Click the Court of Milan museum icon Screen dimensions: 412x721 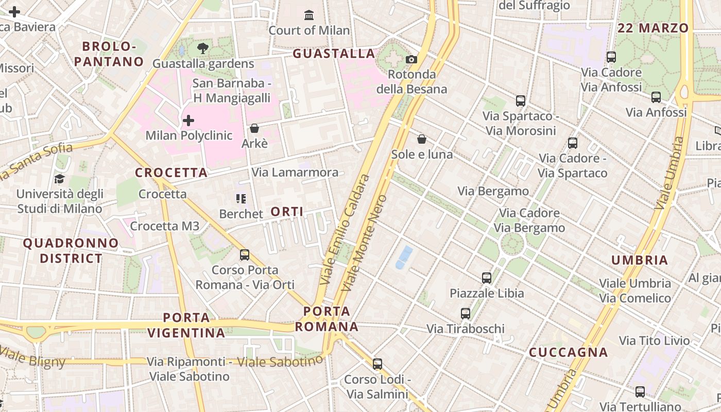[309, 15]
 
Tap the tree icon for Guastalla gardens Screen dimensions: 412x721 [203, 48]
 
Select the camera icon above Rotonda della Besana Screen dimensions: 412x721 [411, 59]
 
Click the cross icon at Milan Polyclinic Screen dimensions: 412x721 [188, 121]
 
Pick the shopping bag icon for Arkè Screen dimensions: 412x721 [254, 128]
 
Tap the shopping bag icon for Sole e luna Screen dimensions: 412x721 [422, 139]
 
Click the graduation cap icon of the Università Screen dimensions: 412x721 [60, 179]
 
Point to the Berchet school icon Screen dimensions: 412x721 [241, 198]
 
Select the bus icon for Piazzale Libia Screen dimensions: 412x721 [487, 278]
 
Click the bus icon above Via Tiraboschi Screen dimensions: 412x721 [466, 313]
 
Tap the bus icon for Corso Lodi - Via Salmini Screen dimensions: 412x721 [377, 364]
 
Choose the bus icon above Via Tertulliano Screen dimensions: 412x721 [640, 392]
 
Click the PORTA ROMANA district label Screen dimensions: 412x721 [327, 319]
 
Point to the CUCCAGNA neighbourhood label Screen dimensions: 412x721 [569, 352]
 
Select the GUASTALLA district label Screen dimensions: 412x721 [334, 54]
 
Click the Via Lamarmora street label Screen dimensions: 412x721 [295, 172]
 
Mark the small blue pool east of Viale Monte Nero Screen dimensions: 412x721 [404, 257]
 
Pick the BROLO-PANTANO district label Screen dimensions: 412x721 [109, 54]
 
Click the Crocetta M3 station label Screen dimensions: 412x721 [164, 226]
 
